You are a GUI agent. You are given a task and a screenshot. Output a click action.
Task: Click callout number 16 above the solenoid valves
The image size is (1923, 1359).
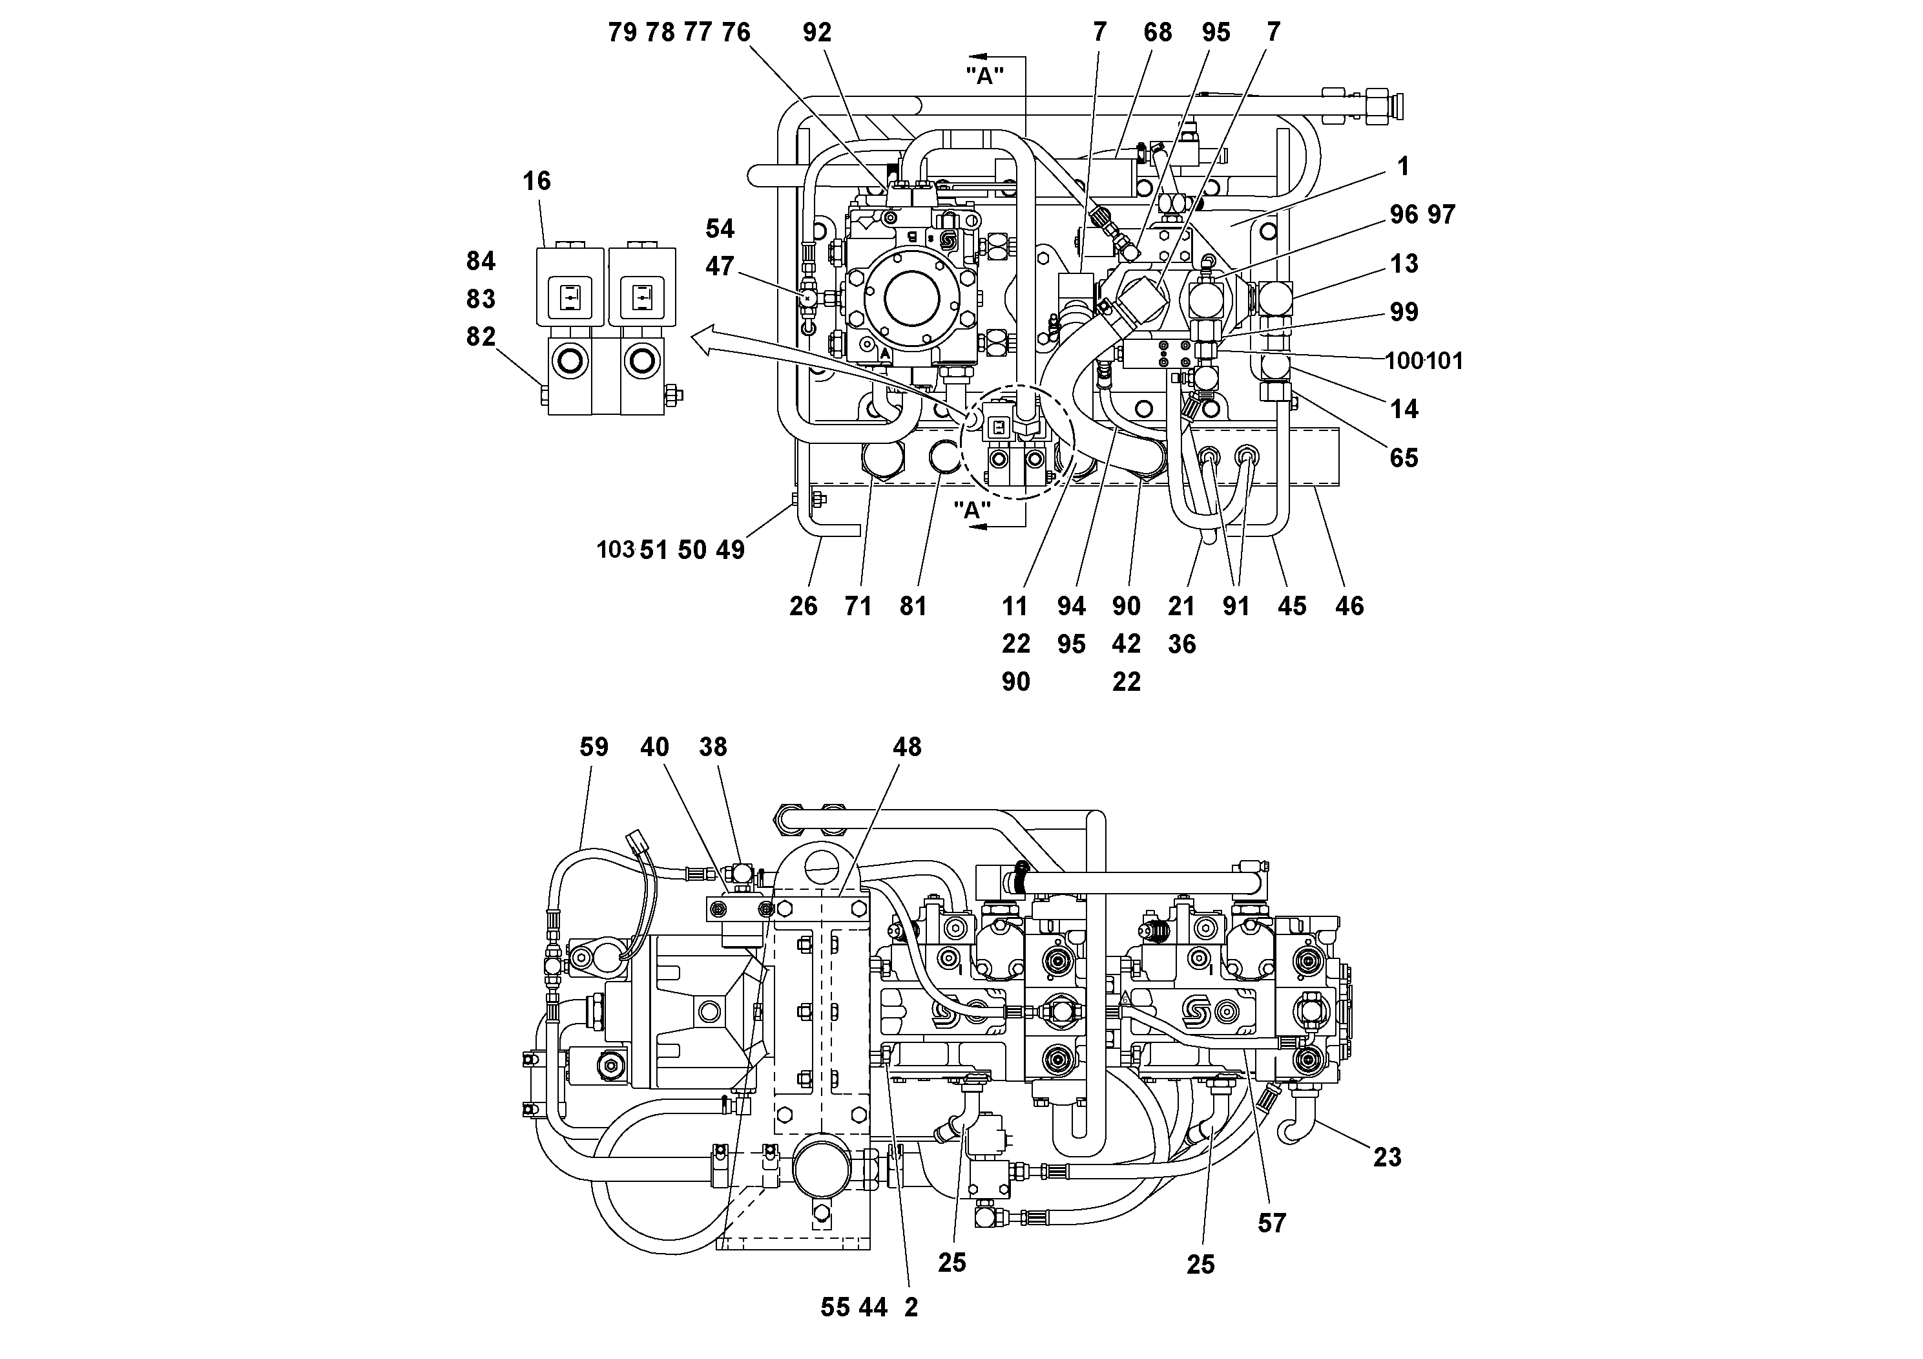pos(537,181)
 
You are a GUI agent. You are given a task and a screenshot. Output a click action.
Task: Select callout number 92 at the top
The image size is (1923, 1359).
pos(816,33)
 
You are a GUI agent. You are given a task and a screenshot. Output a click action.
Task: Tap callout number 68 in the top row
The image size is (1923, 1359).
pos(1158,33)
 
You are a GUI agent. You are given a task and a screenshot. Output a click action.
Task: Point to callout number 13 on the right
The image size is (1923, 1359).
pos(1404,264)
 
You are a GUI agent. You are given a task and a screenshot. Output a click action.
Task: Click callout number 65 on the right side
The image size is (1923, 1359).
pos(1404,458)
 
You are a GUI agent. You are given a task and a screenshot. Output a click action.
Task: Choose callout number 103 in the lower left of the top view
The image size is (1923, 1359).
pos(616,551)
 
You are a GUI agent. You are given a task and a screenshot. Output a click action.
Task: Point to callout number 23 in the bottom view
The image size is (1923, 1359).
pos(1387,1158)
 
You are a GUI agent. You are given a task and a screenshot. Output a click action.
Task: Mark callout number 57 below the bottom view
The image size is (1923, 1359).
pos(1271,1224)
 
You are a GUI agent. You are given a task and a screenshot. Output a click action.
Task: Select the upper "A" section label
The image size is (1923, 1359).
pos(985,76)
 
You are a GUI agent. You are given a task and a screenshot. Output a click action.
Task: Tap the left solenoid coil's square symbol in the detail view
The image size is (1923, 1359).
pos(571,297)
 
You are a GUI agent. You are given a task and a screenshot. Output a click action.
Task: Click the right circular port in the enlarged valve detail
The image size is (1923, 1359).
pos(642,361)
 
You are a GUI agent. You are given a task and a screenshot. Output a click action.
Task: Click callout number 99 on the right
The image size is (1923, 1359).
pos(1404,313)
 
